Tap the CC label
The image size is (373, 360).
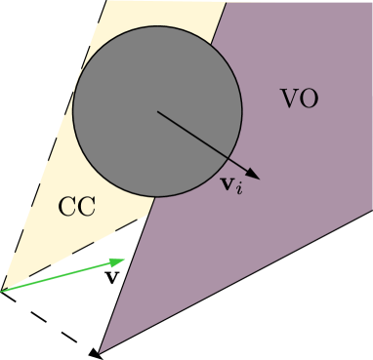point(76,207)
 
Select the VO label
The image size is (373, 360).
point(299,100)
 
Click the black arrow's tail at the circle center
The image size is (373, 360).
point(157,110)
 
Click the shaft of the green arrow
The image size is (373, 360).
point(59,276)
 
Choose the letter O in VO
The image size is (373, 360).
point(309,100)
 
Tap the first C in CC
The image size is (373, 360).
point(67,207)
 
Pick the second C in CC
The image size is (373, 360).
point(86,207)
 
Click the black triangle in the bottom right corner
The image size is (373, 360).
point(322,312)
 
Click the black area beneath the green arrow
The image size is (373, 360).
point(49,322)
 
